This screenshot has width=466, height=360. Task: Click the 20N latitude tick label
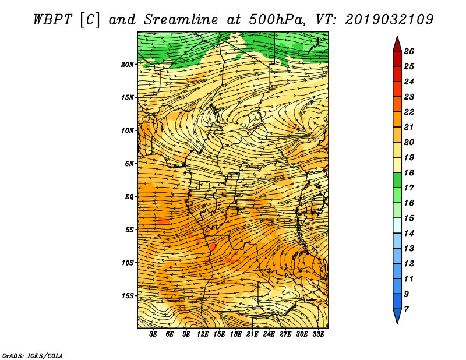click(128, 65)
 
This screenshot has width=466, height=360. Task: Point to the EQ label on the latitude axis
click(129, 197)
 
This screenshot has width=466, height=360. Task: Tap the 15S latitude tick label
click(128, 296)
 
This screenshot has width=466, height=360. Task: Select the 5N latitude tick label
click(129, 164)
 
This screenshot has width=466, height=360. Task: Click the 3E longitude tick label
click(153, 334)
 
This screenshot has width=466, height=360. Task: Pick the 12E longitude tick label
click(203, 334)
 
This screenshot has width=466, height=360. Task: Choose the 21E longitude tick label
click(252, 334)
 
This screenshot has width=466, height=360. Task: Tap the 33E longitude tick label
click(318, 334)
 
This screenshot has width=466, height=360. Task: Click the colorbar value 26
click(409, 51)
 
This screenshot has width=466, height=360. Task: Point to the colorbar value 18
click(409, 172)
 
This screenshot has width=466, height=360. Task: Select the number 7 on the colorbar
click(406, 309)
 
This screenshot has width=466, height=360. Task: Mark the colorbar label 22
click(409, 112)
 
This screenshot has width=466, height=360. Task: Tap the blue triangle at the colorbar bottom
click(397, 315)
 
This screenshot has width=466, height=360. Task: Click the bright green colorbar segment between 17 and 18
click(397, 180)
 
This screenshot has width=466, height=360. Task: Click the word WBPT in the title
click(53, 20)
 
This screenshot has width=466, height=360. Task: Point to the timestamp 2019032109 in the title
click(389, 20)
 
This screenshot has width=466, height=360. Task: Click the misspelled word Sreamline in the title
click(181, 20)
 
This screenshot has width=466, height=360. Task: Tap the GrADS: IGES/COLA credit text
click(33, 356)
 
